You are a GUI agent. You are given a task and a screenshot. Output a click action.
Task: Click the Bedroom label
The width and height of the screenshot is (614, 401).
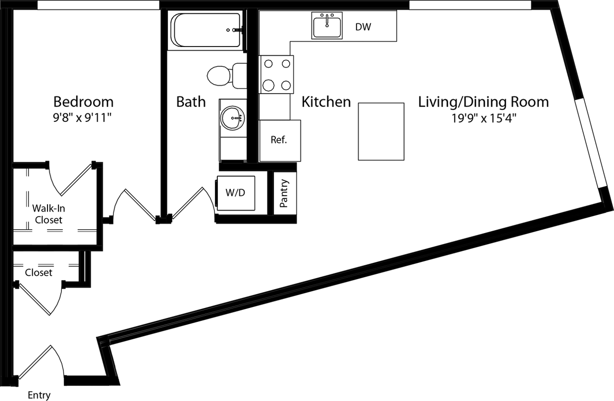(83, 101)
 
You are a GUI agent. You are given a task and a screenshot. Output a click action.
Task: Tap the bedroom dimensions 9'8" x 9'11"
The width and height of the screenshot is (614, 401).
(83, 119)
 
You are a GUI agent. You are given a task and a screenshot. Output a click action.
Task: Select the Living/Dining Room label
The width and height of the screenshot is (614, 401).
(483, 102)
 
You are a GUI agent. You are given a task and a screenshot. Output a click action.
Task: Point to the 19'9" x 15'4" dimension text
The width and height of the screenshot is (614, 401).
(483, 119)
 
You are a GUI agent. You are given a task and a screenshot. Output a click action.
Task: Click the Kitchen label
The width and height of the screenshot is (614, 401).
(326, 102)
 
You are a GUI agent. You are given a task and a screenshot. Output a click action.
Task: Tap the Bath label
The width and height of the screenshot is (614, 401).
(191, 102)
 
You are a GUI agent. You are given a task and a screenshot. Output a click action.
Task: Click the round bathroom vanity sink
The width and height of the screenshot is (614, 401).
(233, 118)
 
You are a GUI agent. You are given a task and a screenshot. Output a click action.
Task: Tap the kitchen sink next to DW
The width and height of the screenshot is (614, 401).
(327, 26)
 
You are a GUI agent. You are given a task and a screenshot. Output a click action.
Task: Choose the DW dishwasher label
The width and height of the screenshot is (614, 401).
(363, 27)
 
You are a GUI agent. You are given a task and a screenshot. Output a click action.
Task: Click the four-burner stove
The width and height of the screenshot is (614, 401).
(276, 74)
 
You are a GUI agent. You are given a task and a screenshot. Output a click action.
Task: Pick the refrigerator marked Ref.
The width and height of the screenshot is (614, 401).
(279, 140)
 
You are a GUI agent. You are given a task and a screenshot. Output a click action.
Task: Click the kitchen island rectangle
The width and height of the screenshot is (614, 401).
(381, 131)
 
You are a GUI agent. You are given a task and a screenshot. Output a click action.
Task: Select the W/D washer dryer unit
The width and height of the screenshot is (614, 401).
(235, 193)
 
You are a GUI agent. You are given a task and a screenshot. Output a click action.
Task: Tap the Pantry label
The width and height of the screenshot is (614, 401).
(284, 193)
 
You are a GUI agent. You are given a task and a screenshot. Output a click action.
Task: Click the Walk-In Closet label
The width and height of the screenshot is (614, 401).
(48, 214)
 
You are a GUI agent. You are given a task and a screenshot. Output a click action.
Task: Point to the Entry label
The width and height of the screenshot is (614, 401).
(39, 395)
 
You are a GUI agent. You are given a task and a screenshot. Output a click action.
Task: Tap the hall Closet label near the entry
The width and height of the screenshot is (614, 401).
(39, 272)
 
